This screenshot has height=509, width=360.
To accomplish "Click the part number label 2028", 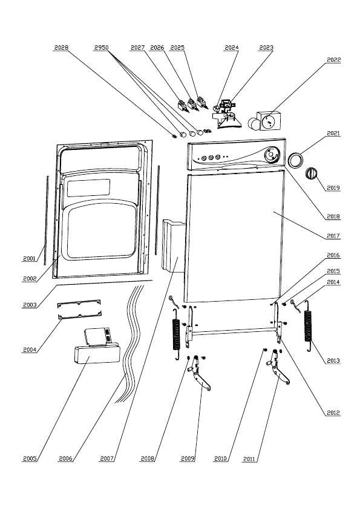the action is [61, 47].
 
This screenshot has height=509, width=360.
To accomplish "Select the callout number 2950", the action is [101, 47].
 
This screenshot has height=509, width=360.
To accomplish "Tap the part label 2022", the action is [334, 60].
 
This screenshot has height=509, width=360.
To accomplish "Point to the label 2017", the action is [333, 236].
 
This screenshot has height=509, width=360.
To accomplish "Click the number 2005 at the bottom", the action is [30, 459].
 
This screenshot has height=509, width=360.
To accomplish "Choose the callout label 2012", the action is [333, 413].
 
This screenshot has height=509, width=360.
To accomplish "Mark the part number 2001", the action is [29, 258].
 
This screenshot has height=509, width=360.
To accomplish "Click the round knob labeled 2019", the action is [311, 173].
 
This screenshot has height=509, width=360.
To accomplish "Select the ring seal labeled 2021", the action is [296, 160].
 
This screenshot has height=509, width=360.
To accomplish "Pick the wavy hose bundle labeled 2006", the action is [130, 344].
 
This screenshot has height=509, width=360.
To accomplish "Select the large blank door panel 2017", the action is [234, 236].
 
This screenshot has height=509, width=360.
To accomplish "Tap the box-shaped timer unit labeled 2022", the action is [269, 121].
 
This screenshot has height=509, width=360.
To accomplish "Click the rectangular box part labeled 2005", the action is [97, 354].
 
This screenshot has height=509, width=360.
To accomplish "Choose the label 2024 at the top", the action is [232, 47].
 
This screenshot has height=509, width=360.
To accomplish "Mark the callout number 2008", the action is [147, 459].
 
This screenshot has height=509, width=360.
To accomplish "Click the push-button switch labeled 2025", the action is [202, 102].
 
